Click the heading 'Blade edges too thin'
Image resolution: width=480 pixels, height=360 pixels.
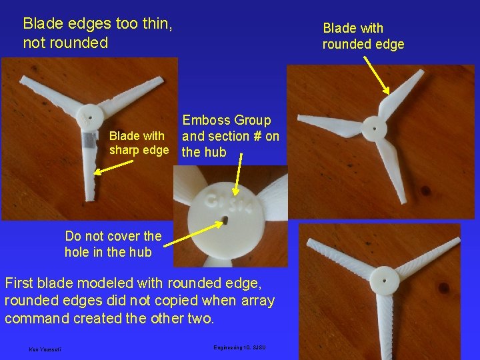(97, 25)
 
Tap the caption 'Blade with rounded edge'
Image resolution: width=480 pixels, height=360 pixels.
(363, 36)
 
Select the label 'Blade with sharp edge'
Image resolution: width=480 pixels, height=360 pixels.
(139, 143)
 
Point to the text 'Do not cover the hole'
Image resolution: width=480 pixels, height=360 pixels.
(113, 244)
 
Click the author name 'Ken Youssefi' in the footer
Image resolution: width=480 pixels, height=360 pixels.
(45, 349)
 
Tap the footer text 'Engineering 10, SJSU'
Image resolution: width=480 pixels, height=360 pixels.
(240, 348)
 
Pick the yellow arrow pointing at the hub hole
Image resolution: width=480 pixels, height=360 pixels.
(193, 236)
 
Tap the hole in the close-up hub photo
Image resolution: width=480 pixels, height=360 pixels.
(227, 219)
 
